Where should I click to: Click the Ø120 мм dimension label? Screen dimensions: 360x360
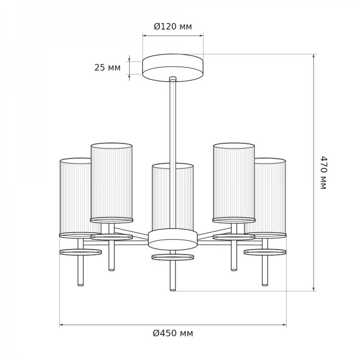point(173,26)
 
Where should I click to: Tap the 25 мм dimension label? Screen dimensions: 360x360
point(108,68)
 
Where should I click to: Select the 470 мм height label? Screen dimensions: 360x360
point(324,172)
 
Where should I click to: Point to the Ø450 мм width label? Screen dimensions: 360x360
point(173,333)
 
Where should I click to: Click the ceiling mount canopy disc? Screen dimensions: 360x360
point(173,68)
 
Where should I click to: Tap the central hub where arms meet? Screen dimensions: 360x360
point(173,239)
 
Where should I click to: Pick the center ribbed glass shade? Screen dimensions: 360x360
point(173,197)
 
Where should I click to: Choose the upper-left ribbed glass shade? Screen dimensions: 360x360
point(111,181)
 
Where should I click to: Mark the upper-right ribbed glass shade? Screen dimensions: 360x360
point(234,181)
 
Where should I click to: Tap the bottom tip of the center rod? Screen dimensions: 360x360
point(173,290)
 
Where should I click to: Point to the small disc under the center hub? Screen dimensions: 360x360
point(173,257)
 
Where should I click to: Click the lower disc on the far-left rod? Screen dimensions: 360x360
point(81,252)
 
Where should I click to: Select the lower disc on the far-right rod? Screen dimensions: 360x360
point(265,252)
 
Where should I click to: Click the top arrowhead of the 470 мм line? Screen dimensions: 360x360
point(313,56)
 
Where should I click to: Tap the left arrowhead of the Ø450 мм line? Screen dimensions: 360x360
point(61,325)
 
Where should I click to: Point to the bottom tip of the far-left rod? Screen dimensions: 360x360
point(81,285)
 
